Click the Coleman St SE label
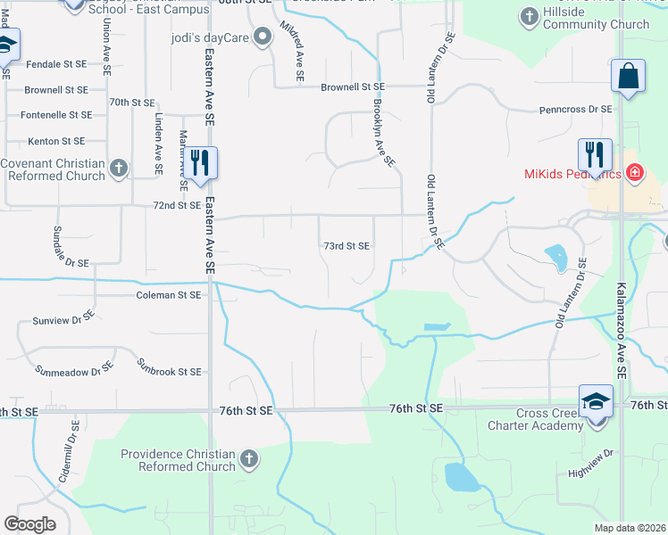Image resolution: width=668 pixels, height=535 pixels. tap(169, 294)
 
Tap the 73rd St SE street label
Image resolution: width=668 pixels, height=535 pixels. tap(346, 246)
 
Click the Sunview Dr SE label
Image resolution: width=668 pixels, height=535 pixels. tap(63, 317)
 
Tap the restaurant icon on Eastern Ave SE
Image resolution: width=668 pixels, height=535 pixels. tap(200, 162)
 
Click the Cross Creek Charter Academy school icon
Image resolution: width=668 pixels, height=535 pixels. tap(596, 400)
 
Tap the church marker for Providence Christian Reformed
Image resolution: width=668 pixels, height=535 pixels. tap(249, 459)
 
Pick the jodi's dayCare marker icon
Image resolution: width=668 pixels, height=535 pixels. tap(263, 37)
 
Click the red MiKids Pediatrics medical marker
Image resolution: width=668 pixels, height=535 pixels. tap(635, 172)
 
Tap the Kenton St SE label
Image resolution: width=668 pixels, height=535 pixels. tap(55, 141)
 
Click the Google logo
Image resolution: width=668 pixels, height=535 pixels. tap(29, 523)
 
